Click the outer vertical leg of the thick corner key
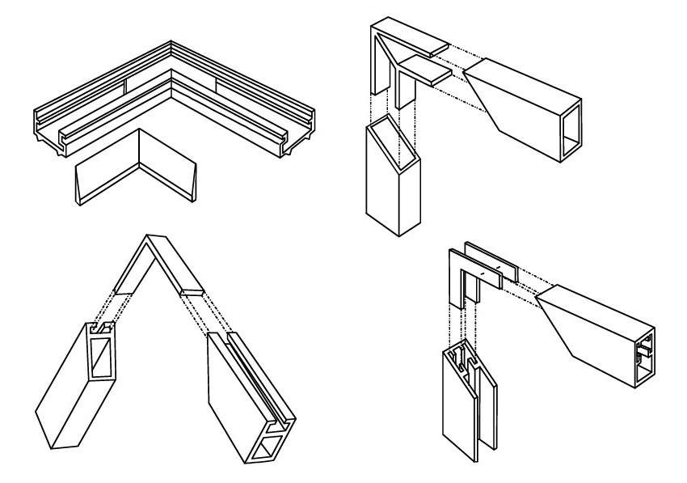377,69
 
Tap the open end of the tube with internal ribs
644,357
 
